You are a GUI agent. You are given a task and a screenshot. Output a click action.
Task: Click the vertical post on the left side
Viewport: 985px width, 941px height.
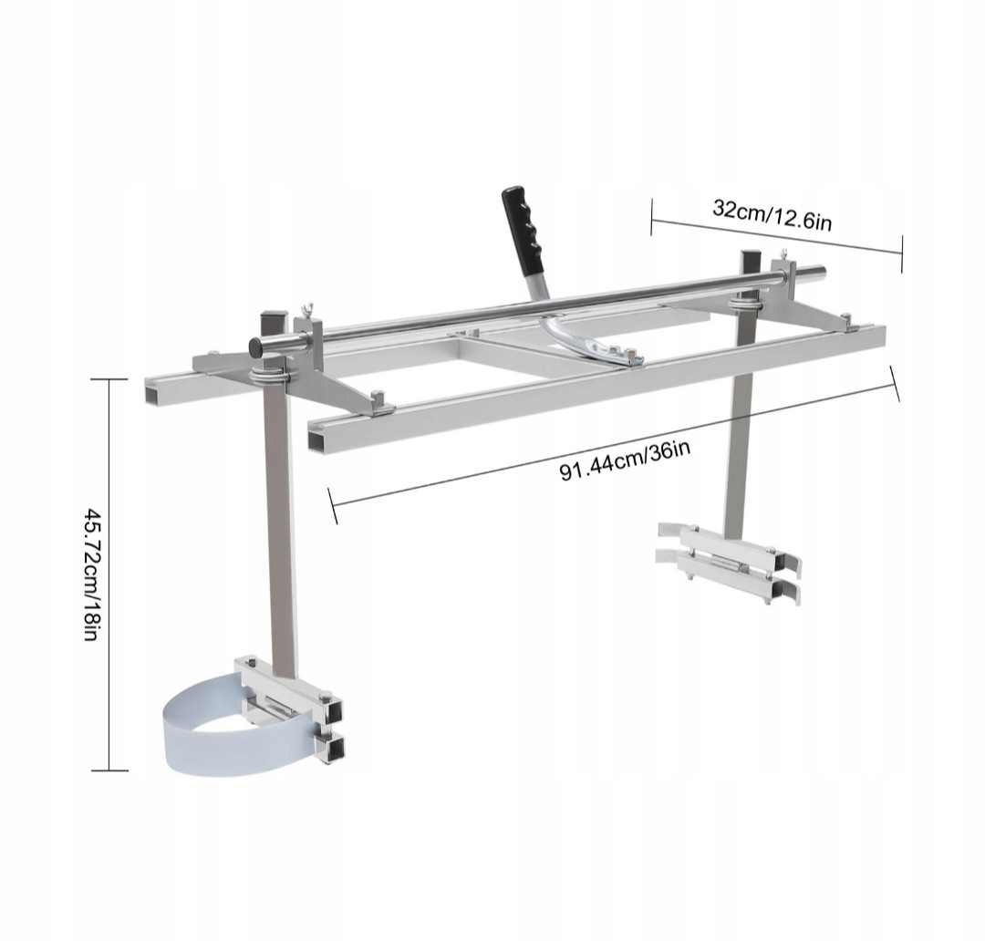278,529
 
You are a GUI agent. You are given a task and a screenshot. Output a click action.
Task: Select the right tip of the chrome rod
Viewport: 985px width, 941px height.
822,270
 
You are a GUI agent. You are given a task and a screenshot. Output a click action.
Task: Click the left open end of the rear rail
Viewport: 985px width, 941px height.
151,392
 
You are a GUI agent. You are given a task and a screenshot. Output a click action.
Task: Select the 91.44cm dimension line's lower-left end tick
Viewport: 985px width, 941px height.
333,505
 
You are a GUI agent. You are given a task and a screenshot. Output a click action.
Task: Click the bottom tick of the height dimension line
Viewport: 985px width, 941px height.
109,770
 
